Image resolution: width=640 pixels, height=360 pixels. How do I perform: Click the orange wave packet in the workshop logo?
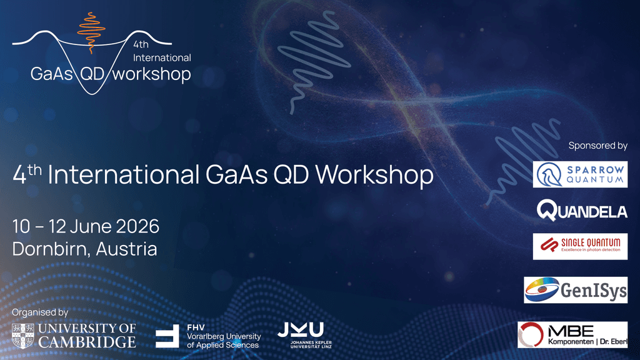point(91,32)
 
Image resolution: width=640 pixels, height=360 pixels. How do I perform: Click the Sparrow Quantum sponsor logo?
point(580,174)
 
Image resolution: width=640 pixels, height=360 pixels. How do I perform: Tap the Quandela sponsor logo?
point(582,210)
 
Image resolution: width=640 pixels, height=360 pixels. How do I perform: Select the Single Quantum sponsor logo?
point(580,246)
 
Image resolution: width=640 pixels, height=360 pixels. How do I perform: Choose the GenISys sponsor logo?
point(576,290)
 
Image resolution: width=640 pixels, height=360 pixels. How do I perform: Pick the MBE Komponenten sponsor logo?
point(572,335)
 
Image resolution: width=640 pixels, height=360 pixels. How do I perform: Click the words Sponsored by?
point(598,146)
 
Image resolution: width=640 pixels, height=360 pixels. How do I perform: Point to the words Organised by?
point(40,312)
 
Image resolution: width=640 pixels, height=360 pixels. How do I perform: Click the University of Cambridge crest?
point(23,336)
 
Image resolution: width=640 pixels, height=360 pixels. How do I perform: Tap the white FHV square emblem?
point(167,336)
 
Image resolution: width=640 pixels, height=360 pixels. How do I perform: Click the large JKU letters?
point(301,330)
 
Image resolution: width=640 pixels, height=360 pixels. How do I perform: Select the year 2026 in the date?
point(137,226)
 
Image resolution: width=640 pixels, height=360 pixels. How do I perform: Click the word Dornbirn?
point(50,249)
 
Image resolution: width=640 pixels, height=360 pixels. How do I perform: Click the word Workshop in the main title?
point(374,175)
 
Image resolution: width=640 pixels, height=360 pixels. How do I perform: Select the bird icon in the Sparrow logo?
point(549,174)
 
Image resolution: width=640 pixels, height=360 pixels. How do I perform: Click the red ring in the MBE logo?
point(531,335)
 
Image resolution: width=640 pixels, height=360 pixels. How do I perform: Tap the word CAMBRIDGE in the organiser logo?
point(86,342)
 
